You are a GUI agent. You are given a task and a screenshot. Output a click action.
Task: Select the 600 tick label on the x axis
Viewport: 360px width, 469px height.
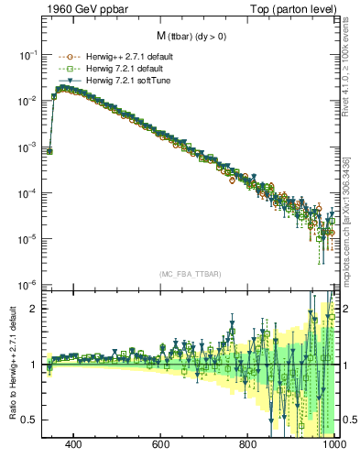[x=161, y=445]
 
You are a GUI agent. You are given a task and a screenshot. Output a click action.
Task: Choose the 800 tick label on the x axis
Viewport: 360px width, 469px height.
[x=247, y=445]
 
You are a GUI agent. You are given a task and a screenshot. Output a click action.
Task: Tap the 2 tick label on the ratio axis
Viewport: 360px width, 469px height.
[x=34, y=309]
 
